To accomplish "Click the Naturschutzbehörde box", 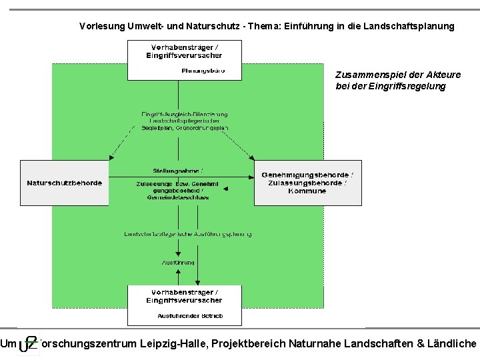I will (x=65, y=183).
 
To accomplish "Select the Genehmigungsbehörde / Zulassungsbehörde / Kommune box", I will (x=307, y=183).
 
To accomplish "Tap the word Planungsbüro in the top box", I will (x=203, y=71).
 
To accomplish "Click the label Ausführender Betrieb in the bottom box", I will (x=190, y=315).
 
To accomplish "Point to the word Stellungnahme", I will (x=179, y=171).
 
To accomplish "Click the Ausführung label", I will (x=177, y=262).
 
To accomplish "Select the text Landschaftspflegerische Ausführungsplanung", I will (x=187, y=233).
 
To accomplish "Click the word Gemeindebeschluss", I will (x=179, y=197).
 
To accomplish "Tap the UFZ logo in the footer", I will (x=29, y=344).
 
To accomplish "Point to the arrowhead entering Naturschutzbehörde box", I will (x=111, y=159).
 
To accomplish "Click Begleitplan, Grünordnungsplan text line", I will (x=185, y=128).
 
